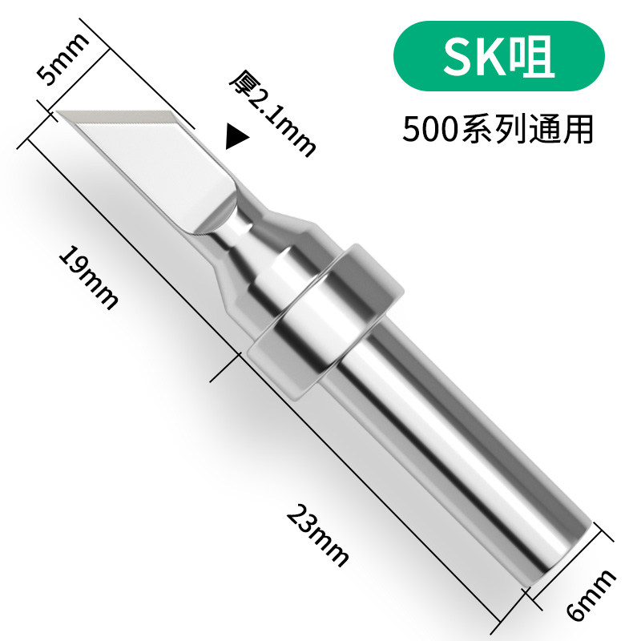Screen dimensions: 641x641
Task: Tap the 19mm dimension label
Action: [88, 277]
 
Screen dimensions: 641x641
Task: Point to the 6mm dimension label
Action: [590, 597]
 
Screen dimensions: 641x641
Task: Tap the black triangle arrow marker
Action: [234, 137]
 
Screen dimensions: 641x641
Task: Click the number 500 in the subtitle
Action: [429, 129]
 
